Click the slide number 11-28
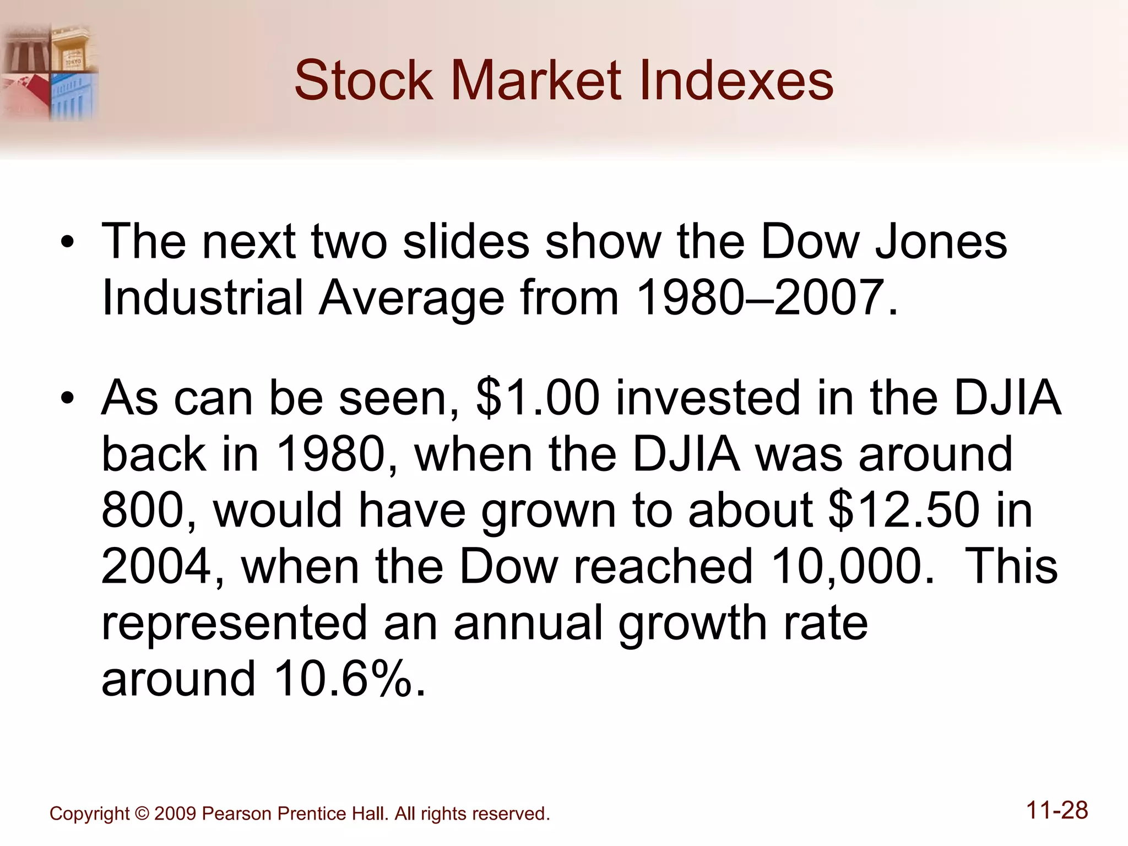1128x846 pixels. pos(1057,810)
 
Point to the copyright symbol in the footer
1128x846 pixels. pos(142,814)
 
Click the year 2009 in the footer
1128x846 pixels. pos(175,814)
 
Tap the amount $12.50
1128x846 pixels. pos(904,510)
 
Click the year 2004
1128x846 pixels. pos(156,566)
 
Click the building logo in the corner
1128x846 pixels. pos(50,72)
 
